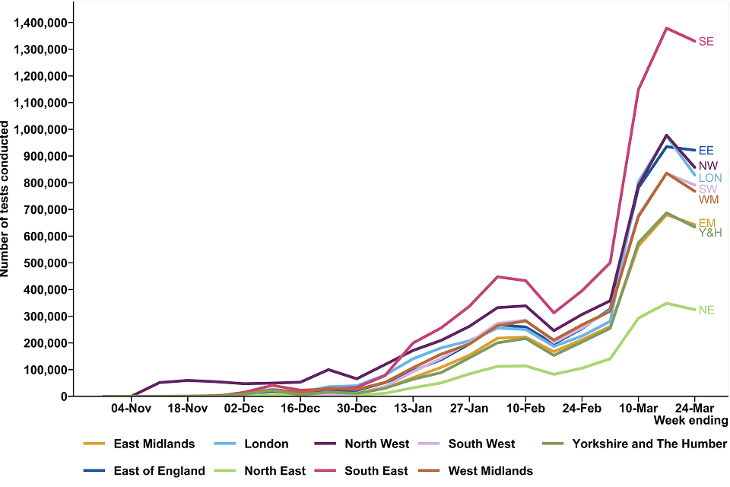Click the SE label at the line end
click(706, 42)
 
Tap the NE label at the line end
click(706, 310)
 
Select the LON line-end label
click(709, 178)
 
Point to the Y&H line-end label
click(709, 233)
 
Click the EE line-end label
click(706, 151)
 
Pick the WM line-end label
click(709, 200)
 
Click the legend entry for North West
click(376, 444)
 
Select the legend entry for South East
click(376, 471)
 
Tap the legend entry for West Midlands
click(490, 471)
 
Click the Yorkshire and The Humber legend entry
click(649, 444)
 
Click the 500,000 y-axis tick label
click(44, 263)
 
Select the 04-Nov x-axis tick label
click(131, 409)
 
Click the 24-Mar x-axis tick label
click(694, 409)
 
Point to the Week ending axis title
click(690, 421)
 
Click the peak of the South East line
click(666, 28)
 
